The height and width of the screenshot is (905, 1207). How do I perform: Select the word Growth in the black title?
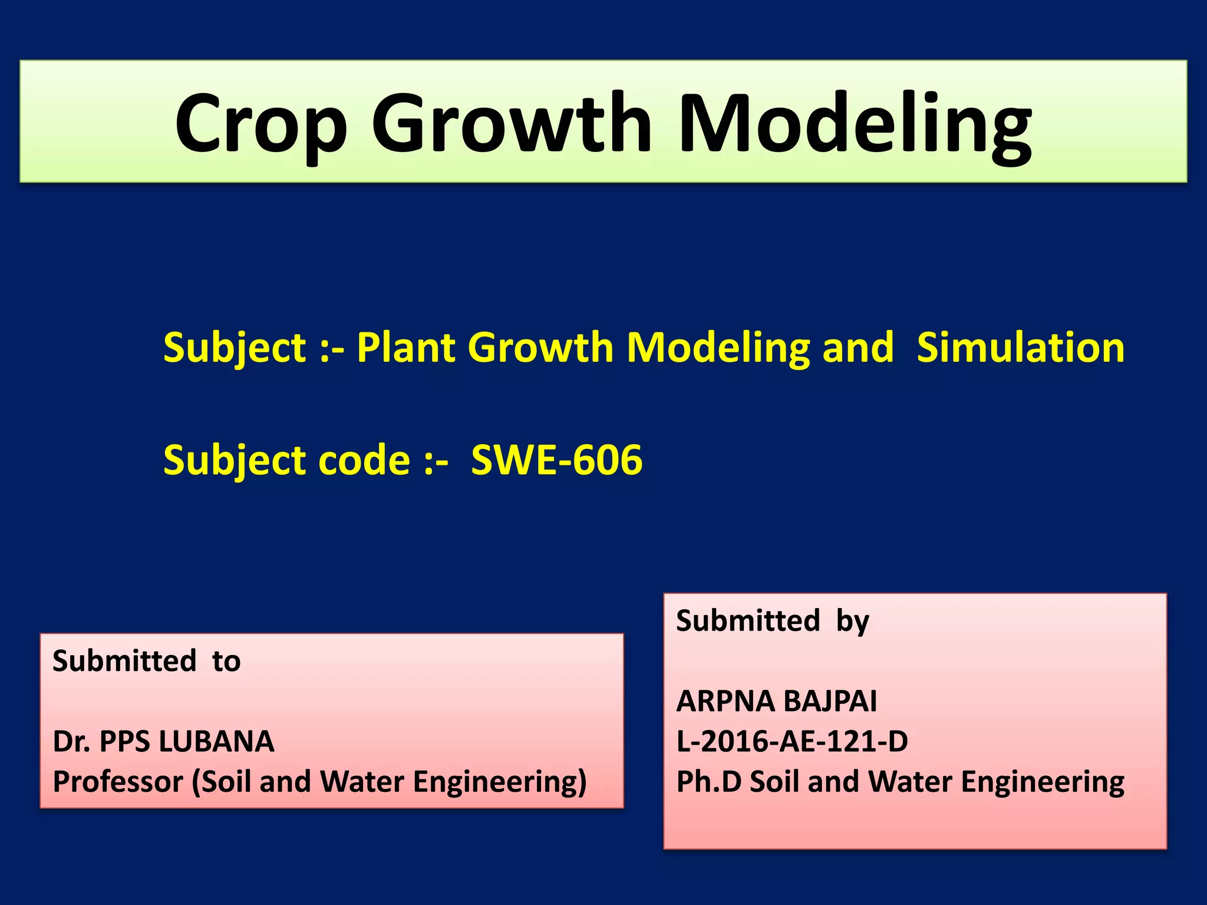pyautogui.click(x=512, y=124)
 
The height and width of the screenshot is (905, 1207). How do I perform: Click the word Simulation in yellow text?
pyautogui.click(x=1021, y=347)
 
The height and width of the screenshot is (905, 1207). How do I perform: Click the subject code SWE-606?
pyautogui.click(x=556, y=460)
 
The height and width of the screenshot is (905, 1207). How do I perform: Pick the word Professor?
pyautogui.click(x=118, y=782)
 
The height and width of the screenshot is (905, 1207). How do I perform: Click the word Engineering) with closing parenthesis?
pyautogui.click(x=500, y=782)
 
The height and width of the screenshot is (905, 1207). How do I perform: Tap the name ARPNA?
pyautogui.click(x=725, y=701)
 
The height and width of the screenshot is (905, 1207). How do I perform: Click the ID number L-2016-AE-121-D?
pyautogui.click(x=792, y=741)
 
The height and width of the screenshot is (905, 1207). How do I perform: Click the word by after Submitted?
pyautogui.click(x=852, y=621)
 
